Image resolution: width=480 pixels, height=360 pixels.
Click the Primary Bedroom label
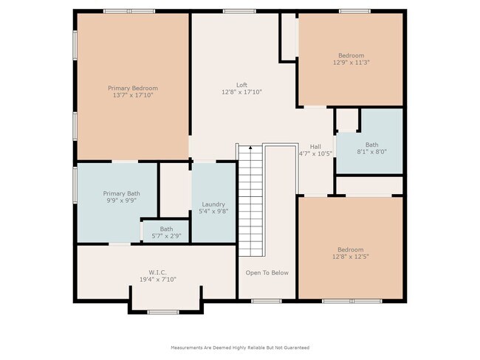pyautogui.click(x=133, y=88)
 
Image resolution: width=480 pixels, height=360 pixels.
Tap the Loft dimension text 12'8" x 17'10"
pyautogui.click(x=241, y=91)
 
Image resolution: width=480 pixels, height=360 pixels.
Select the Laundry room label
pyautogui.click(x=213, y=204)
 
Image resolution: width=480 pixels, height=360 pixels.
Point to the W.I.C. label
pyautogui.click(x=157, y=272)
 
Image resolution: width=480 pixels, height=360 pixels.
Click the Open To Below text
pyautogui.click(x=267, y=273)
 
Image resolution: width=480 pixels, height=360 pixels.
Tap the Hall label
pyautogui.click(x=315, y=147)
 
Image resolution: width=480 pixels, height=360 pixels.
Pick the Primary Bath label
pyautogui.click(x=122, y=193)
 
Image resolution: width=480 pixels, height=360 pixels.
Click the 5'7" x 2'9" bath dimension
pyautogui.click(x=167, y=236)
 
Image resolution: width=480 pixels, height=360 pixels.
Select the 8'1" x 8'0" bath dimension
pyautogui.click(x=372, y=152)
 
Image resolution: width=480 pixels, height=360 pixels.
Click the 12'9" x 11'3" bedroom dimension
pyautogui.click(x=352, y=63)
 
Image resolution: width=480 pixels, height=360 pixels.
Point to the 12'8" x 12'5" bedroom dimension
pyautogui.click(x=351, y=257)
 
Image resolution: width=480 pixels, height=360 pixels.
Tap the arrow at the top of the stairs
pyautogui.click(x=250, y=148)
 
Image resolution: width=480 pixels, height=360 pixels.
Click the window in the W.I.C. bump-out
pyautogui.click(x=163, y=312)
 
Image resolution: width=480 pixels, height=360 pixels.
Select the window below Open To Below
pyautogui.click(x=267, y=301)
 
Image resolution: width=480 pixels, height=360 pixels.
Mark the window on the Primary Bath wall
pyautogui.click(x=75, y=184)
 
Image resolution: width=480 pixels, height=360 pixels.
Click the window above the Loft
pyautogui.click(x=239, y=11)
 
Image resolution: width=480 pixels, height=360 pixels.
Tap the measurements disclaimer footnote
pyautogui.click(x=240, y=347)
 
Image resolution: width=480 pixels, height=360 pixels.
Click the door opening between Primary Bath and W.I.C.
pyautogui.click(x=120, y=244)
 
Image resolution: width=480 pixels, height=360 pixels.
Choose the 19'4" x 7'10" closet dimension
pyautogui.click(x=158, y=280)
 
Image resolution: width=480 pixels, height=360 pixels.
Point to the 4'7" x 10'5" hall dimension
pyautogui.click(x=315, y=153)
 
